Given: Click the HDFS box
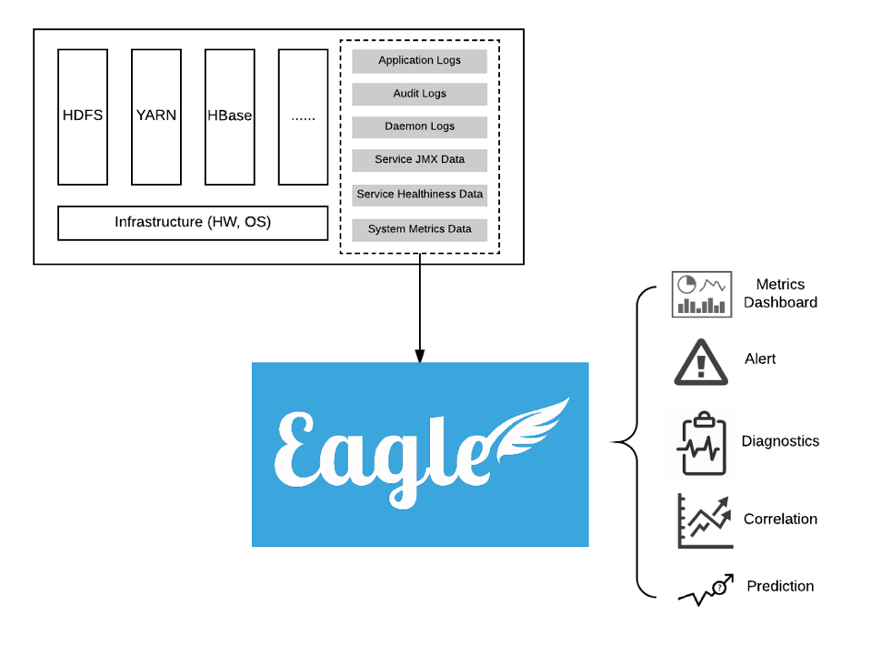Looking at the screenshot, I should [x=83, y=116].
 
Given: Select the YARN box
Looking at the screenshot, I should [x=156, y=116].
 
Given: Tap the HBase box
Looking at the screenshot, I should [x=229, y=116].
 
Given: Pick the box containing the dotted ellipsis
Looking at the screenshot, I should [x=303, y=116].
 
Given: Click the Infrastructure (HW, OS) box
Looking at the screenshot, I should [x=193, y=223].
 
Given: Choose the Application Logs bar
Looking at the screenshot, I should [x=419, y=61].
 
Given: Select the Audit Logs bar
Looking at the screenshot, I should [x=419, y=94].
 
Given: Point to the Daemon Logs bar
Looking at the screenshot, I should [x=419, y=126].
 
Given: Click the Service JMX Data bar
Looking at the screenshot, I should [x=419, y=159].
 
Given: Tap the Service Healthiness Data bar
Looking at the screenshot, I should [x=419, y=195].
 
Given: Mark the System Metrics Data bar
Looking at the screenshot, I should [x=419, y=229].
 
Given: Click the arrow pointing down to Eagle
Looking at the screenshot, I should [x=419, y=309].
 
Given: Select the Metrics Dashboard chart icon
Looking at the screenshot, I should [x=702, y=294].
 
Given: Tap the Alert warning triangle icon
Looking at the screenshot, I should [x=701, y=362].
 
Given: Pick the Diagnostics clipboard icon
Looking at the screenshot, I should [x=700, y=444].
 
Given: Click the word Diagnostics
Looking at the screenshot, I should [x=780, y=441].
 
